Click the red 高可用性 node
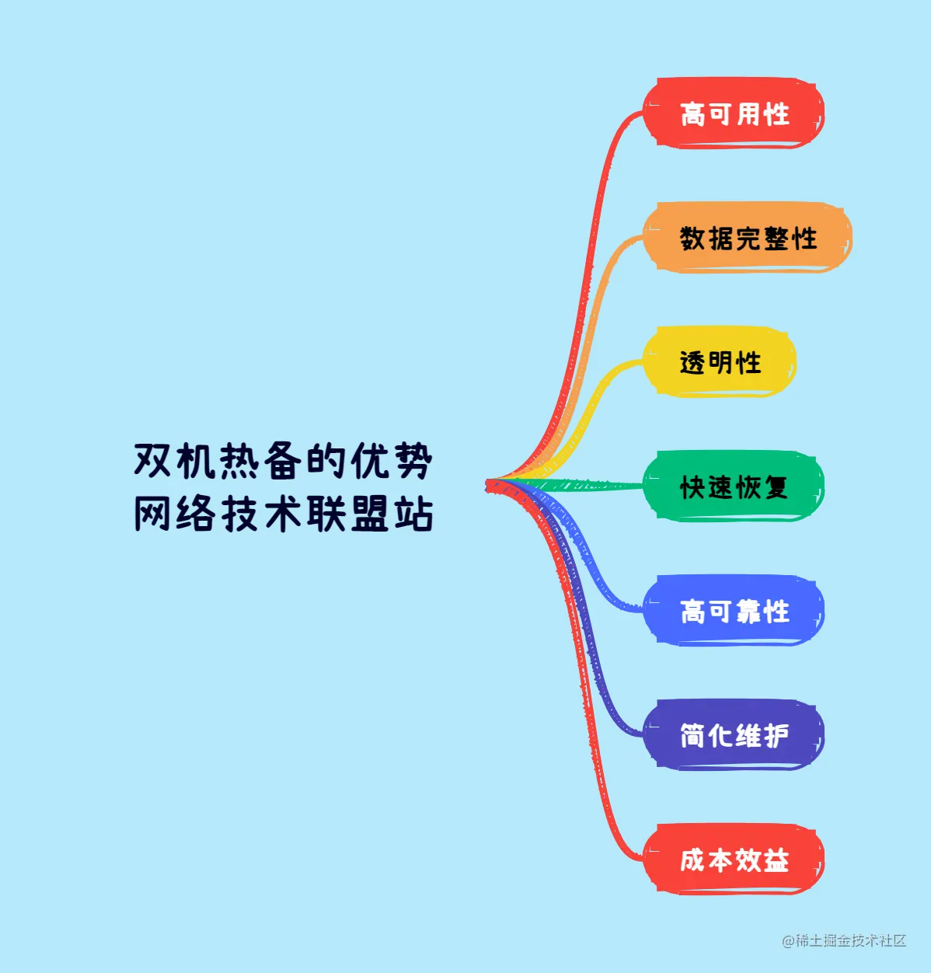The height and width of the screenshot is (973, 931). coord(734,113)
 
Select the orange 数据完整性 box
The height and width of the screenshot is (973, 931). coord(748,238)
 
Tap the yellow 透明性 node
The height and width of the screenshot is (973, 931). coord(720,362)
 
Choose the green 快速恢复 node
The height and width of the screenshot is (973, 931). coord(734,486)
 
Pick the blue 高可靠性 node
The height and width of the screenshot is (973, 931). coord(734,611)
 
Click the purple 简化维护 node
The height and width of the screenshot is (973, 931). coord(734,735)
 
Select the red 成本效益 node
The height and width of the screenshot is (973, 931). coord(734,860)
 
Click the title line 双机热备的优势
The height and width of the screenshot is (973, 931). coord(283,461)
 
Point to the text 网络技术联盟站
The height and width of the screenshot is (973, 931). coord(283,514)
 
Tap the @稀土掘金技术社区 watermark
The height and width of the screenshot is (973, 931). coord(844,940)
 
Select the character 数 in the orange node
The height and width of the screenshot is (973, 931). coord(692,238)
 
